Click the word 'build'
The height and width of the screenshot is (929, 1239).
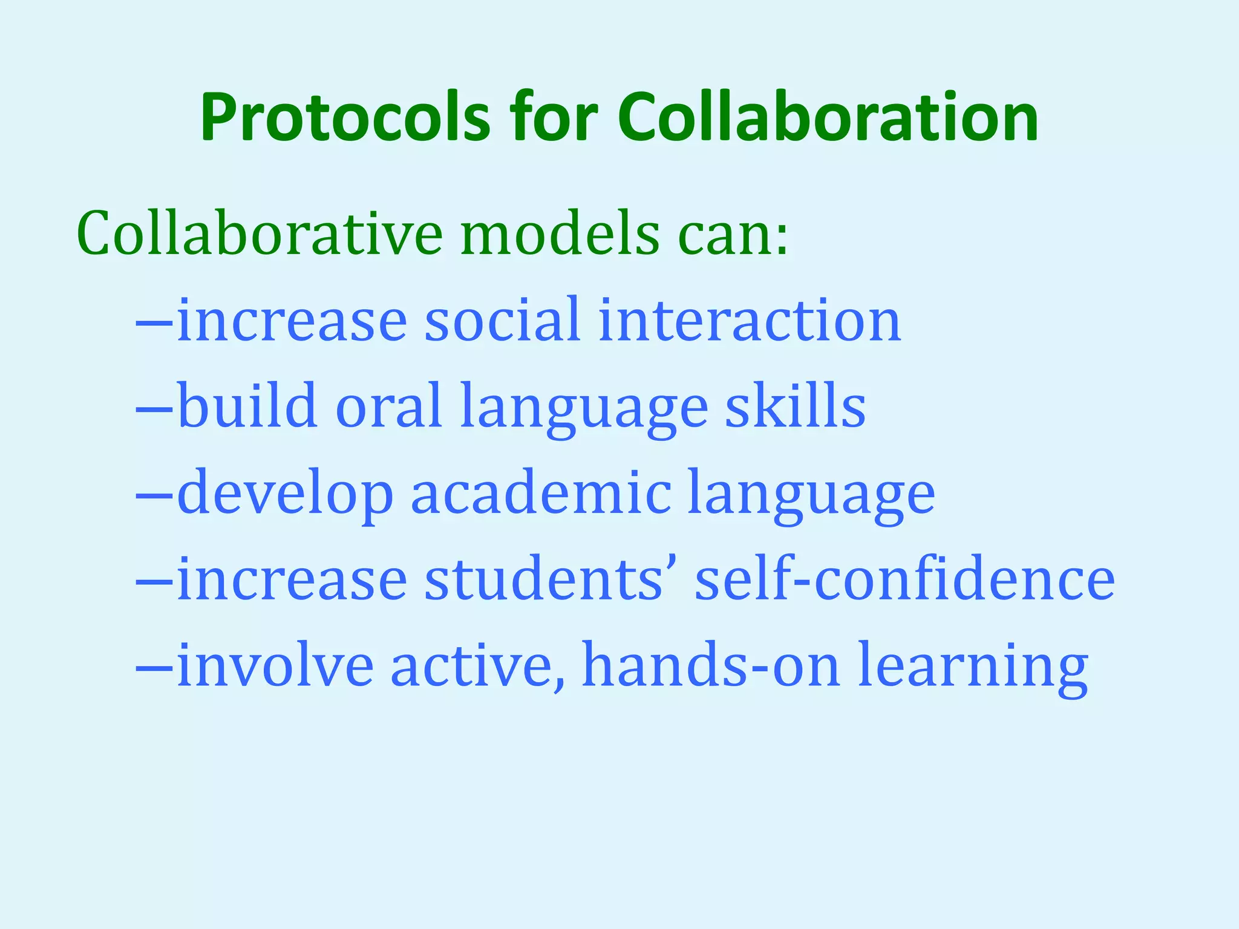(247, 406)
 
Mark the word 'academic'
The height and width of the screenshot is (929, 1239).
(541, 493)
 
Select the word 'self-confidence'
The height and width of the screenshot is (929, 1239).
(904, 579)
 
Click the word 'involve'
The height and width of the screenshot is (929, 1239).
(275, 665)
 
